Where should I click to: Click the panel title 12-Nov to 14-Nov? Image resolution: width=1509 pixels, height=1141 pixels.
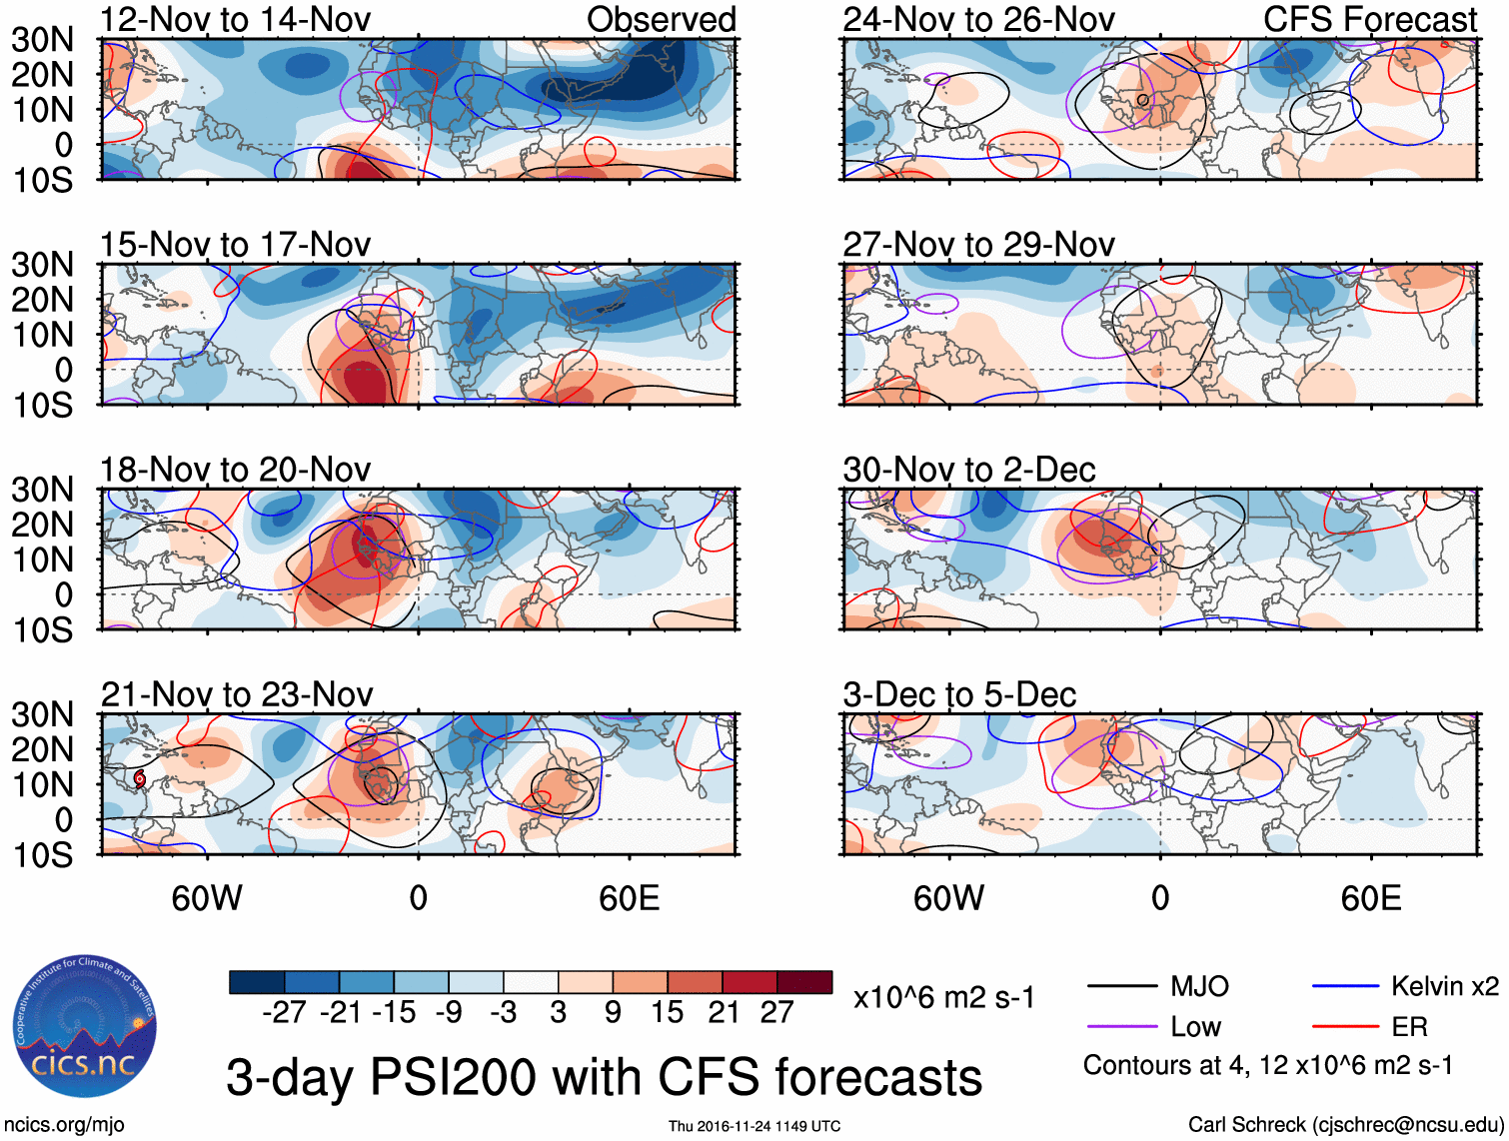(x=235, y=19)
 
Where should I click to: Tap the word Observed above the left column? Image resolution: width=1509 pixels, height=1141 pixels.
(x=661, y=19)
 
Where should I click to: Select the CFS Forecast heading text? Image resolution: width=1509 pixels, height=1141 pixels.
(x=1369, y=19)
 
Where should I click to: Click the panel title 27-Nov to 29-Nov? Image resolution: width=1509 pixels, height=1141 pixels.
(x=978, y=245)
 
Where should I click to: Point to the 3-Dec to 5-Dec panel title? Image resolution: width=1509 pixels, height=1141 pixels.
(x=959, y=694)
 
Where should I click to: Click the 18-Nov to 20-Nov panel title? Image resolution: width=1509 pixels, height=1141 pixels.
(x=235, y=470)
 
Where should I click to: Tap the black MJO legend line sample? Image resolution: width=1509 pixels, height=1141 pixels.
(x=1121, y=987)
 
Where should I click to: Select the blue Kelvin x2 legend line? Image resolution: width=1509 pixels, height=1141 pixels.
(x=1345, y=987)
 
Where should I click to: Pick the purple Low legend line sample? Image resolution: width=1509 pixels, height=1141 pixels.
(x=1121, y=1027)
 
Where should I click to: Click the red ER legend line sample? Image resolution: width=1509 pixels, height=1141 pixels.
(x=1345, y=1027)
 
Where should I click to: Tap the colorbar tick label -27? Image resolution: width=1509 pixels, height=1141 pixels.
(x=284, y=1013)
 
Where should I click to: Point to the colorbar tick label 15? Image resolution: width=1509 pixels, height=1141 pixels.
(x=667, y=1013)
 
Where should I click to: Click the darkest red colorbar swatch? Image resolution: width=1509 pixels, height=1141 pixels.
(x=804, y=982)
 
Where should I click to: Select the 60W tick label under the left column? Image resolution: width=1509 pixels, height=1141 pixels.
(x=207, y=898)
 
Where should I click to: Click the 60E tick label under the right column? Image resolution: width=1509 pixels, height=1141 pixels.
(x=1370, y=898)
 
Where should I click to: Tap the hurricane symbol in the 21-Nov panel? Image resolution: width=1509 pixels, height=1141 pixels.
(x=139, y=777)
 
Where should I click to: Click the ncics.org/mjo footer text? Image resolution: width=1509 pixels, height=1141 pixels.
(x=63, y=1125)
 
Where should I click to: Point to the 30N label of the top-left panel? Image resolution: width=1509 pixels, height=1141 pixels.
(x=42, y=40)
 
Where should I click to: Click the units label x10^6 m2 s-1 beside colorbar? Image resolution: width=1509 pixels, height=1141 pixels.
(x=943, y=998)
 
